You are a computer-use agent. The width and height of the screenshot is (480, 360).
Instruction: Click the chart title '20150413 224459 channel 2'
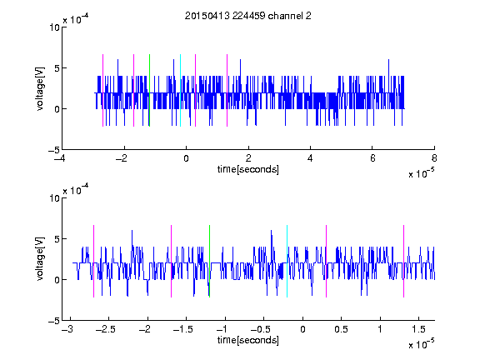coord(248,16)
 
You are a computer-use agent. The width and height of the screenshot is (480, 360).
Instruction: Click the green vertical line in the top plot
coord(149,90)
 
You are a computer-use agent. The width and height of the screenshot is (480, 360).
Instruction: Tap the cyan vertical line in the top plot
coord(180,90)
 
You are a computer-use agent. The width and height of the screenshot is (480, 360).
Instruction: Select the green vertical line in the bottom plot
coord(209,261)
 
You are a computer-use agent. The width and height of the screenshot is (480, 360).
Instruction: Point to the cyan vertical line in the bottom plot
coord(287,261)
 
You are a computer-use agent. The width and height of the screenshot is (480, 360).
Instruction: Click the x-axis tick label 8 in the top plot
coord(434,158)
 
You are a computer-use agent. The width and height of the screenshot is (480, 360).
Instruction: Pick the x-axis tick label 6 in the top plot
coord(372,158)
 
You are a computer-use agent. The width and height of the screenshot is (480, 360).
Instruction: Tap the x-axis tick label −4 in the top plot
coord(60,158)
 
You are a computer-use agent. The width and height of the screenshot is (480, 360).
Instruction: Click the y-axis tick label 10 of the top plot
coord(54,27)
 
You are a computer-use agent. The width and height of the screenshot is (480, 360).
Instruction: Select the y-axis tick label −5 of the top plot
coord(54,150)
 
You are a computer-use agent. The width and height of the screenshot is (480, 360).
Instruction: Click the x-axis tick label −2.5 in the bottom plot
coord(105,329)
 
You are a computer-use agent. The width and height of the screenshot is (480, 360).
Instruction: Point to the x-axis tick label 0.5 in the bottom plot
coord(341,329)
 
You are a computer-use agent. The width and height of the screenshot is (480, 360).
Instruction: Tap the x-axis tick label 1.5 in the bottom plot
coord(418,329)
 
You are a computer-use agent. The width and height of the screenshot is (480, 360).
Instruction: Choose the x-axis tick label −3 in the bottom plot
coord(67,329)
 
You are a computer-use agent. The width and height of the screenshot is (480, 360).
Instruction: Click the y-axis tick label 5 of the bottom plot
coord(57,239)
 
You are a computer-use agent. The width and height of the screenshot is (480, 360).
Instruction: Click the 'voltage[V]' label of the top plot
coord(40,88)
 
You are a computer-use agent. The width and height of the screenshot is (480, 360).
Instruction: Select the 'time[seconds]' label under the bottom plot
coord(248,340)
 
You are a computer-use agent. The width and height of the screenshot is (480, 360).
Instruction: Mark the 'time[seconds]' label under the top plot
coord(248,169)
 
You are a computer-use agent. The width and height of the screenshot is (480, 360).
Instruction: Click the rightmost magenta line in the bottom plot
coord(404,261)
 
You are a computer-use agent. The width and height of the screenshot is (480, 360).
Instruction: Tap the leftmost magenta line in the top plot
coord(102,90)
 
